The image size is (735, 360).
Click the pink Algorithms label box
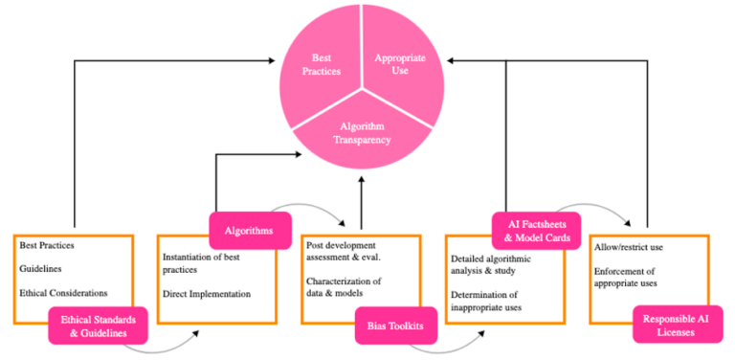(250, 230)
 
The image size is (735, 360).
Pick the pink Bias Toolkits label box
(394, 326)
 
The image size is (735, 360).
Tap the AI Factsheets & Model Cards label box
(536, 230)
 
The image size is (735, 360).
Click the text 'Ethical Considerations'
(63, 293)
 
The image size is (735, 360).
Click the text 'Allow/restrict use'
(630, 248)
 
